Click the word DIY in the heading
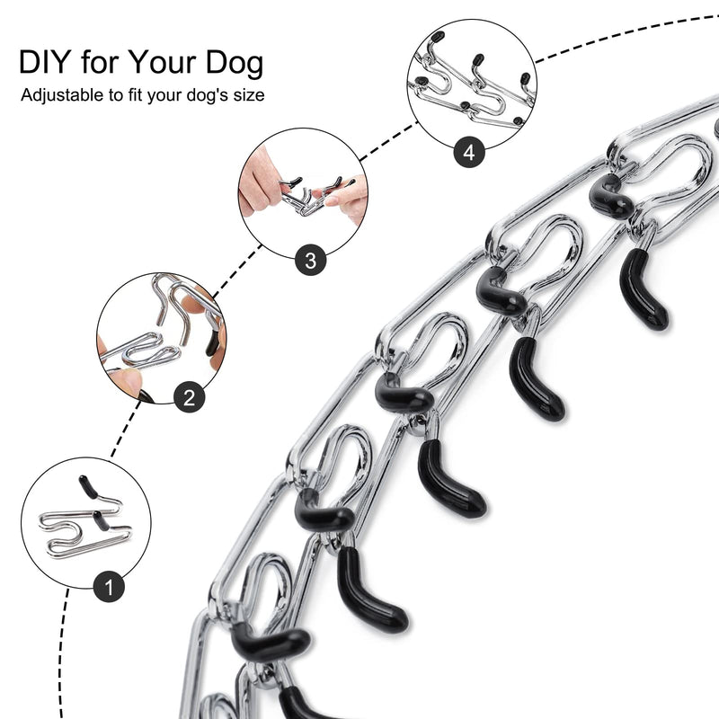click(x=45, y=63)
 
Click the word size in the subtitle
click(x=248, y=94)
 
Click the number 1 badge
click(x=109, y=590)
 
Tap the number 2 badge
click(x=188, y=398)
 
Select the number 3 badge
click(x=310, y=261)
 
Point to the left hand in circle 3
click(x=262, y=184)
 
